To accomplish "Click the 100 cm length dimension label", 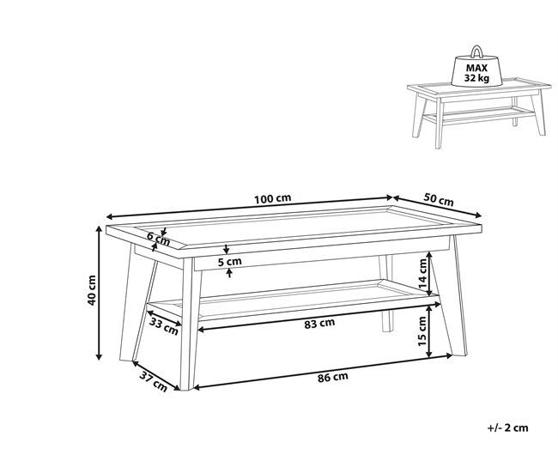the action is (273, 198).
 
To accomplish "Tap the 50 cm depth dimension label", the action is (439, 200).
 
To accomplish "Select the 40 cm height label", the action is (92, 290).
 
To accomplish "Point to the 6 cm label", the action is (158, 239).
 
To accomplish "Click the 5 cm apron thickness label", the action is (229, 262).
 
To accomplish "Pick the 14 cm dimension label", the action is (422, 273).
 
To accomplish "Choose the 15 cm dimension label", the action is (422, 331).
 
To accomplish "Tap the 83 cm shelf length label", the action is (319, 323).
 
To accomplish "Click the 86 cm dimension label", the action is (333, 377).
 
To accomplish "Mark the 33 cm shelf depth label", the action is (163, 326).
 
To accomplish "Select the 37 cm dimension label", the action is (153, 381).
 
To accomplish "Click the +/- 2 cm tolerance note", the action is (508, 428).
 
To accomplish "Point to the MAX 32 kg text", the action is (476, 73).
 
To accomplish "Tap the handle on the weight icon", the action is (476, 52).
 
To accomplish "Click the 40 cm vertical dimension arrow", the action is (100, 293).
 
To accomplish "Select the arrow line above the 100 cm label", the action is (249, 207).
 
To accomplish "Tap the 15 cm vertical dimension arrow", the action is (429, 331).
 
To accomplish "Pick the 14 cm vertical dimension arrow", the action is (429, 273).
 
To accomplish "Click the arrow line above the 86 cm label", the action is (323, 371).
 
